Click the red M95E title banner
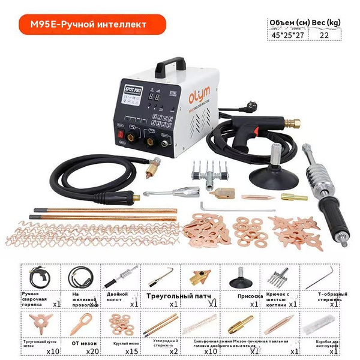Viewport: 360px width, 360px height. click(x=92, y=25)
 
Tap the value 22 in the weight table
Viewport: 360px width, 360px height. click(x=324, y=35)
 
